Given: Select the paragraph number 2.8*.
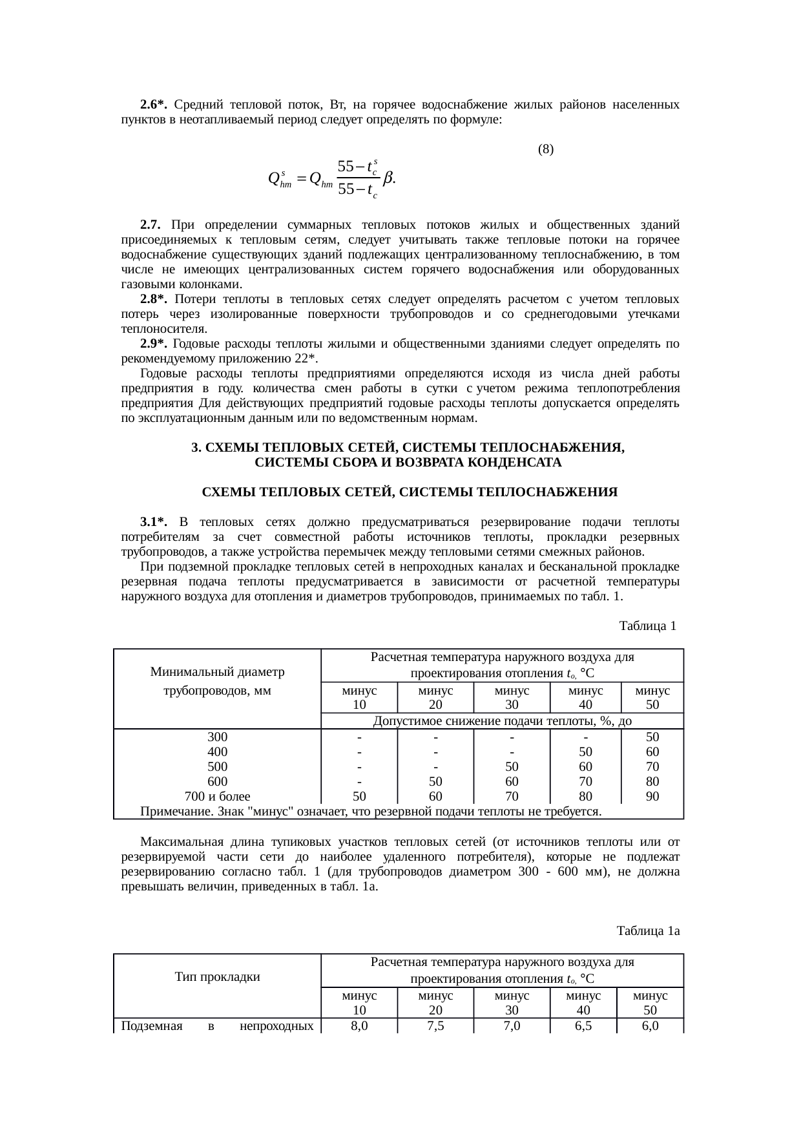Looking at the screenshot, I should point(154,299).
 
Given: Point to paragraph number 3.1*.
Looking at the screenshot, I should point(154,521).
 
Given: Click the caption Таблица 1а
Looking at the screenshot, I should point(648,930).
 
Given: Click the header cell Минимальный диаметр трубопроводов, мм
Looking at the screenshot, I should point(217,680).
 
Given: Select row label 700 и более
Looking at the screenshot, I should point(217,796).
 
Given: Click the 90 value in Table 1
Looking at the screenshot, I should point(652,796).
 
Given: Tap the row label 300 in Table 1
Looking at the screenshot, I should point(217,737).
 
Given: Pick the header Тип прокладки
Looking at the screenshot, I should point(217,976).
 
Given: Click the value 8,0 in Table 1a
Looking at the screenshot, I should point(359,1025).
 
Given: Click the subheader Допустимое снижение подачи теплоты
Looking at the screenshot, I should point(503,721).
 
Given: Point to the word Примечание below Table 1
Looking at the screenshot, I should point(170,811).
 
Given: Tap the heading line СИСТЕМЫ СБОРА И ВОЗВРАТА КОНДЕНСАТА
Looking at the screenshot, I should point(408,463).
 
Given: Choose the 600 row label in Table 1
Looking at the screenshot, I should point(217,781).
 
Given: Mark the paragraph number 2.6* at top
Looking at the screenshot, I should point(154,105).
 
